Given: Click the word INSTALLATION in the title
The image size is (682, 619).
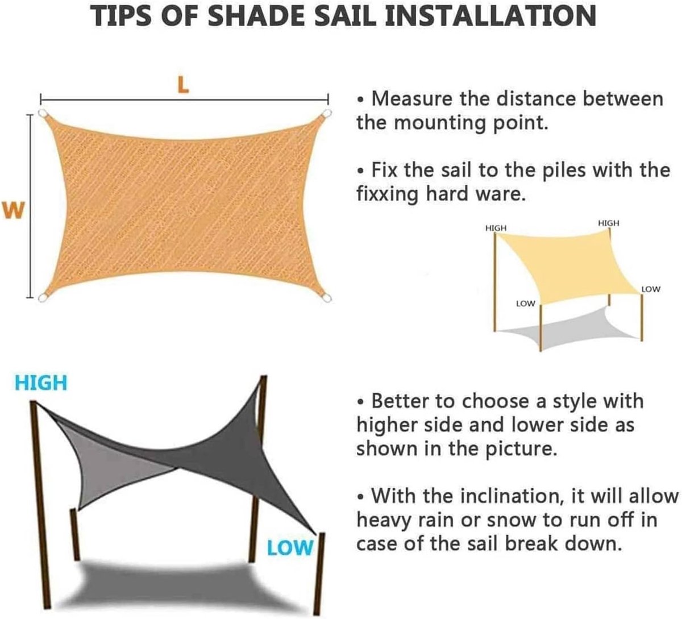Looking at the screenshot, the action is coord(491,16).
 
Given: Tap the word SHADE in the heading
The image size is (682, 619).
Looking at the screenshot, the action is coord(256,16).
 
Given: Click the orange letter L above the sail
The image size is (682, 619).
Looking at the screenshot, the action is coord(183,85).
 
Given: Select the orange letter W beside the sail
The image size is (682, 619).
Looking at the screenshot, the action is coord(14,210).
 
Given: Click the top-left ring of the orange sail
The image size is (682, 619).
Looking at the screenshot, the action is coord(43,113).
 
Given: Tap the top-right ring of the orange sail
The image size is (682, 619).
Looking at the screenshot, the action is coord(327,113).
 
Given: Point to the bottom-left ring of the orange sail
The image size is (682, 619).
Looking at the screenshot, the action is coord(43,298).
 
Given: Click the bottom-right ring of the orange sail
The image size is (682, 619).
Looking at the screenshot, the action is coord(327,298).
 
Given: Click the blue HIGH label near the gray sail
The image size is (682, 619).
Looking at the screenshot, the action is coord(41,383).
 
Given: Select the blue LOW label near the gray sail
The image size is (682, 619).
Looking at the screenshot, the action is coord(290,548).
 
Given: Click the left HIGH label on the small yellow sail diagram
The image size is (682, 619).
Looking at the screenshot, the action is coord(496,227).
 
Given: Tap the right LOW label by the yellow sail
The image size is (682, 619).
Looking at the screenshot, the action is coord(651,289).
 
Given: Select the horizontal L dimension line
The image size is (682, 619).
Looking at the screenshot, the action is coord(184,99).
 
